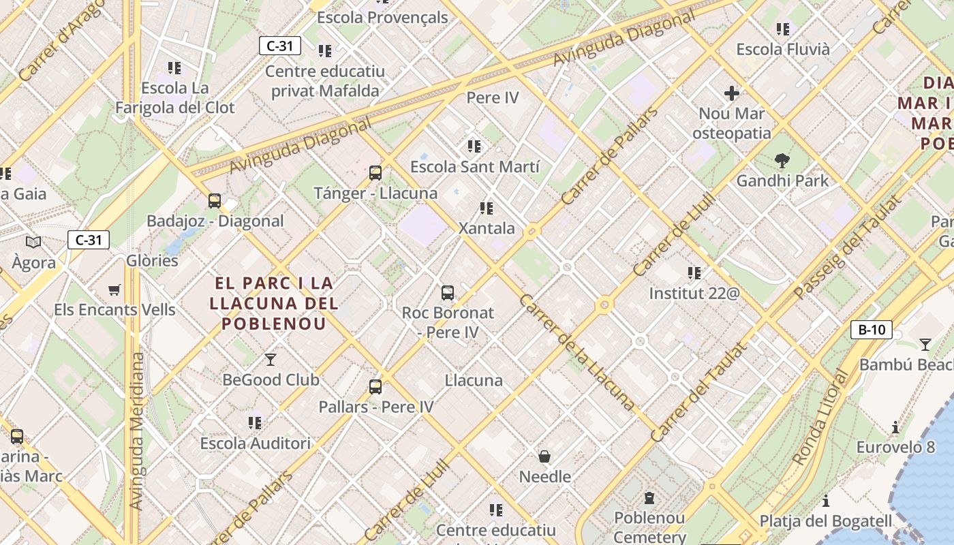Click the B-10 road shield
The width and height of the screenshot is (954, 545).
872,330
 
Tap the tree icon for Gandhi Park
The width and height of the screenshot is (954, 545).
782,161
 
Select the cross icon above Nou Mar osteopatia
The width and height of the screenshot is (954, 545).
732,93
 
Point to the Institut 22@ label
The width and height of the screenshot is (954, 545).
694,294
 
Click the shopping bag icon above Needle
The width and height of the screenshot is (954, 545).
544,456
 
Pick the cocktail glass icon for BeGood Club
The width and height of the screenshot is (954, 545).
271,359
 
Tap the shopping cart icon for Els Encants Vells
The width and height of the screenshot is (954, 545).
114,290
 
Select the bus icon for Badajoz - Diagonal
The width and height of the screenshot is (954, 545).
215,201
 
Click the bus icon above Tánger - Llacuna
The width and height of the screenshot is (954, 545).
375,173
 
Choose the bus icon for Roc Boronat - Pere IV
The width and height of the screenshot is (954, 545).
448,293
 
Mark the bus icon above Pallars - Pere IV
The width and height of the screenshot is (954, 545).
375,387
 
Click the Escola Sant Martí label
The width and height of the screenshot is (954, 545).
475,167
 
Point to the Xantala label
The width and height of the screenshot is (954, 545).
487,228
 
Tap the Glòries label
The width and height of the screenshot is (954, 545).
152,260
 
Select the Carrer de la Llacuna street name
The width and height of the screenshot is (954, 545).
576,352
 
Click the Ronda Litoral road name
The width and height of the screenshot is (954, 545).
820,418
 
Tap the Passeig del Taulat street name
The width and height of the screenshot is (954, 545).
847,247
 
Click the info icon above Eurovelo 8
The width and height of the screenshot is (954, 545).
895,428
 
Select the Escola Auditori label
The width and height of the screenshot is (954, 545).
255,443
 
